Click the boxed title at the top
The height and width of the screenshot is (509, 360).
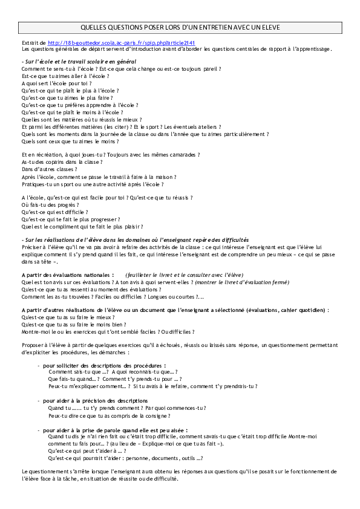(x=180, y=28)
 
